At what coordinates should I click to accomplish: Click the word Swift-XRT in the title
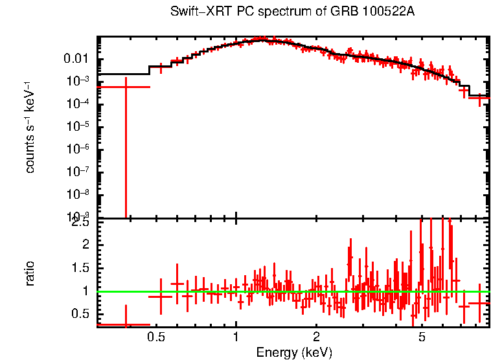pos(192,12)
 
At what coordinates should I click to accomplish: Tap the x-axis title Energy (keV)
pos(294,352)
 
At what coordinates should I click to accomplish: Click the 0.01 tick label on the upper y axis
pos(81,59)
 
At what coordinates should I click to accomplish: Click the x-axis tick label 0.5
pos(155,337)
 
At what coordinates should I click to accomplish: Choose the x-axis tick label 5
pos(422,337)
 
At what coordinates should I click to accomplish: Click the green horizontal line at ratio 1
pos(291,291)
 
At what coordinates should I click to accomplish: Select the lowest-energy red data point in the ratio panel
pos(126,324)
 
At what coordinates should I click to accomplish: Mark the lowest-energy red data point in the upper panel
pos(126,87)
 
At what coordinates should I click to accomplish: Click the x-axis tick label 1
pos(236,337)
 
